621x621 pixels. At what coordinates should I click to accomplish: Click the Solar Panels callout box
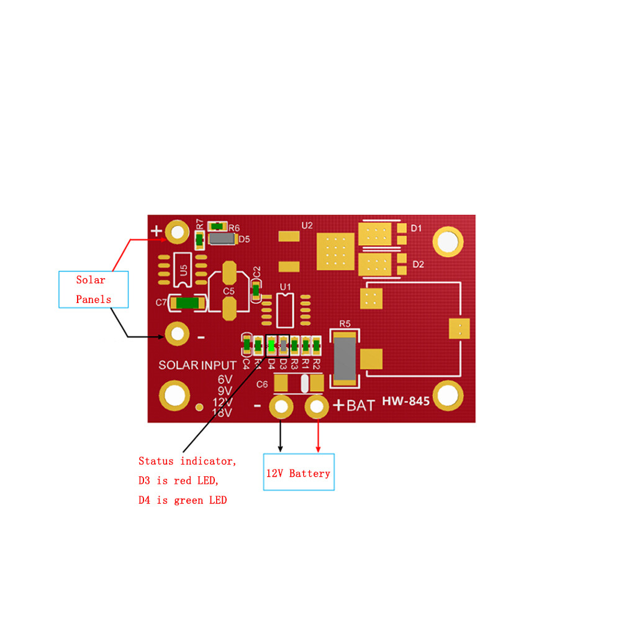point(94,289)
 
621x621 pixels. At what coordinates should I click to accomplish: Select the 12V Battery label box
point(299,472)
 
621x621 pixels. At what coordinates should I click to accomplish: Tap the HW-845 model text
point(406,401)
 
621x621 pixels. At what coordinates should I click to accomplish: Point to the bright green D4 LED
point(271,347)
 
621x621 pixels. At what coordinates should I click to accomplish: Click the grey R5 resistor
point(345,358)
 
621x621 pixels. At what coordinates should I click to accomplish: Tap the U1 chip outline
point(285,310)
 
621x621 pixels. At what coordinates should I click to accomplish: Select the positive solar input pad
point(177,232)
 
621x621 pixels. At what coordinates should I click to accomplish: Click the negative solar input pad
point(177,334)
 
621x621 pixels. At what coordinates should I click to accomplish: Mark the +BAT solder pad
point(317,406)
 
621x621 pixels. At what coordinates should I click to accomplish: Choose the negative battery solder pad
point(281,406)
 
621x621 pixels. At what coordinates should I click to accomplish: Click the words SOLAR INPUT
point(197,365)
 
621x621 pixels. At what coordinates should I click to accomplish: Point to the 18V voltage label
point(222,413)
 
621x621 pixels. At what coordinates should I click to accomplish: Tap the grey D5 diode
point(222,238)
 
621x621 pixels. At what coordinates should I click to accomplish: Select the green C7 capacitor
point(188,303)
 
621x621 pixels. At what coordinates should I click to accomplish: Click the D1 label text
point(416,228)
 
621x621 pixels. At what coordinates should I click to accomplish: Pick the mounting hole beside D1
point(448,242)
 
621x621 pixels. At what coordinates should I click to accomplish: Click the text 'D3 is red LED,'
point(178,481)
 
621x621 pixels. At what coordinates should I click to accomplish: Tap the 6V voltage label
point(225,379)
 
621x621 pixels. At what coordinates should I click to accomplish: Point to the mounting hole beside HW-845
point(448,395)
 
